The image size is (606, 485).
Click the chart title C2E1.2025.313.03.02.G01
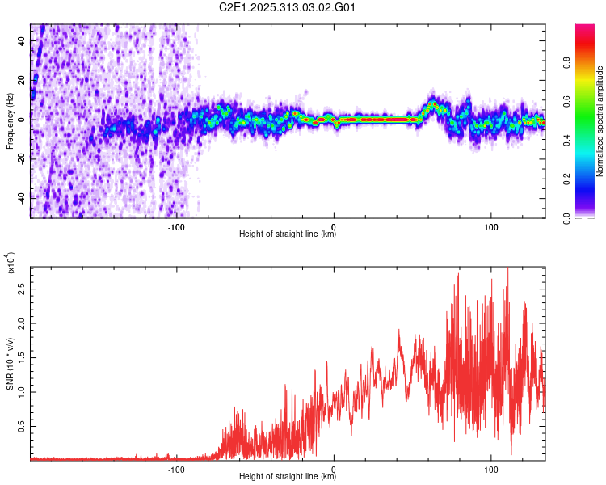pos(288,8)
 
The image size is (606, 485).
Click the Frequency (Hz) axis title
pos(10,121)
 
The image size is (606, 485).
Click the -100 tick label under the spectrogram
pos(176,226)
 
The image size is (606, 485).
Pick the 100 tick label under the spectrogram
pos(490,226)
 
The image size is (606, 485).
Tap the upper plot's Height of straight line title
pos(288,234)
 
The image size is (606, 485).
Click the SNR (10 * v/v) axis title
pos(10,364)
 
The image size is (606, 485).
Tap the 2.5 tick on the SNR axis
pos(22,289)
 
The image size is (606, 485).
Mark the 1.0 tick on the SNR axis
pos(22,392)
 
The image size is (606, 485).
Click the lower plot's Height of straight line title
pos(288,477)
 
